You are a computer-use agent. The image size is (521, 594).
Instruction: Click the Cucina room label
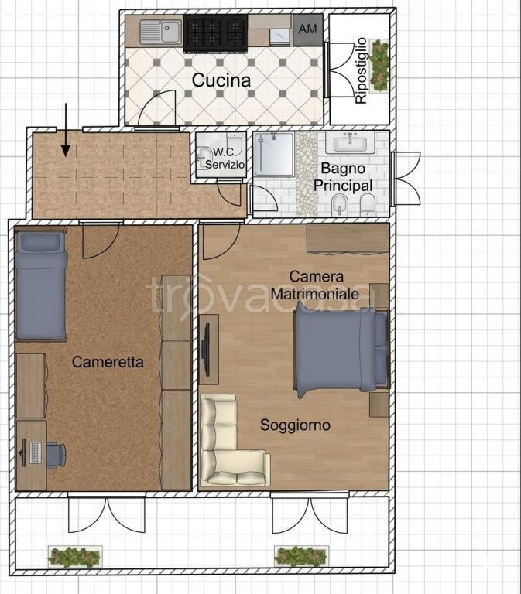pyautogui.click(x=221, y=80)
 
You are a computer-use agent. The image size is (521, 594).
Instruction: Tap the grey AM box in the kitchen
pyautogui.click(x=307, y=30)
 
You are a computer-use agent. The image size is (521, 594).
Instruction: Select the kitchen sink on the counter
pyautogui.click(x=160, y=32)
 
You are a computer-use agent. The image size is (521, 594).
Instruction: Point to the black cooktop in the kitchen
pyautogui.click(x=214, y=32)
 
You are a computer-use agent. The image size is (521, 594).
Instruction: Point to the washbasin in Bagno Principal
pyautogui.click(x=351, y=144)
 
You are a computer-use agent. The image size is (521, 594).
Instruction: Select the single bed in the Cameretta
pyautogui.click(x=41, y=286)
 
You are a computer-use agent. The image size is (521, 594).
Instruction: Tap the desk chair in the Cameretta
pyautogui.click(x=55, y=454)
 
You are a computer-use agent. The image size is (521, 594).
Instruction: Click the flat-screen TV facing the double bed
pyautogui.click(x=207, y=349)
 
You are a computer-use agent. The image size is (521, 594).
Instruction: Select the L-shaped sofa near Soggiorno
pyautogui.click(x=230, y=442)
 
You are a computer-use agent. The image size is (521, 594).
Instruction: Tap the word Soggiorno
pyautogui.click(x=295, y=425)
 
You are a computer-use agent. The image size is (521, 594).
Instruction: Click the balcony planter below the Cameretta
pyautogui.click(x=74, y=555)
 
